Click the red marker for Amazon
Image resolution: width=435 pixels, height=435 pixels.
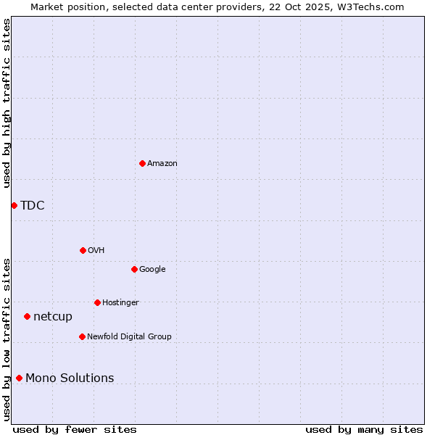pyautogui.click(x=142, y=163)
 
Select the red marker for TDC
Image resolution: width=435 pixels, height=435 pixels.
pyautogui.click(x=14, y=205)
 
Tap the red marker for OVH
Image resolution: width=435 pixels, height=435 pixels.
pyautogui.click(x=83, y=250)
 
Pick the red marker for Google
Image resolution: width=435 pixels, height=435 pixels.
pyautogui.click(x=134, y=269)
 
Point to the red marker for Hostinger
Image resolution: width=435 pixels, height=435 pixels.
pyautogui.click(x=97, y=302)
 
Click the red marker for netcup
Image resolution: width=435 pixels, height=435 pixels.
pyautogui.click(x=27, y=316)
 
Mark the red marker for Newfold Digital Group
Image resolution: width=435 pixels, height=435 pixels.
pyautogui.click(x=82, y=336)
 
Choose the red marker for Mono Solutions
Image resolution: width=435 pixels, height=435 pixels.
pyautogui.click(x=19, y=378)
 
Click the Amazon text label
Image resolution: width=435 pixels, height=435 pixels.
pyautogui.click(x=162, y=163)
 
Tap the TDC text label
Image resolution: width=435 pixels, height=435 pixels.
pyautogui.click(x=33, y=205)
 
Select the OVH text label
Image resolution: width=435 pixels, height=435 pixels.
pyautogui.click(x=96, y=250)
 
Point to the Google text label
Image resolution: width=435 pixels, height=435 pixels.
pyautogui.click(x=152, y=269)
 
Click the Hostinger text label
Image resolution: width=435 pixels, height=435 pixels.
pyautogui.click(x=120, y=302)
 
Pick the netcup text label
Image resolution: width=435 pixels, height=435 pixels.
pyautogui.click(x=53, y=316)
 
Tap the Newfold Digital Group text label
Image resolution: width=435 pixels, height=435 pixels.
pyautogui.click(x=129, y=336)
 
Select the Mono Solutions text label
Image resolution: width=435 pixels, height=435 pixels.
pyautogui.click(x=70, y=378)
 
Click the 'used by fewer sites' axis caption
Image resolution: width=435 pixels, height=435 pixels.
pyautogui.click(x=75, y=429)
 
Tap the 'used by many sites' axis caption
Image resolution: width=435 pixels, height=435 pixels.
pyautogui.click(x=364, y=429)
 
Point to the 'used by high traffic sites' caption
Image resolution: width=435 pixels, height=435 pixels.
pyautogui.click(x=7, y=103)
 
